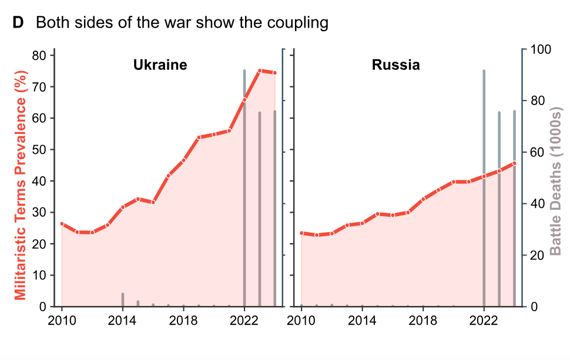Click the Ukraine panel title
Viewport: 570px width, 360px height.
pos(160,65)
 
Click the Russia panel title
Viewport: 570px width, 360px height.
pos(396,65)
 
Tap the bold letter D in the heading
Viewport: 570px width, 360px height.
pos(18,22)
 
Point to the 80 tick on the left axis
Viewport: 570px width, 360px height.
pos(39,55)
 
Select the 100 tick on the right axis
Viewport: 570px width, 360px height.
pos(541,49)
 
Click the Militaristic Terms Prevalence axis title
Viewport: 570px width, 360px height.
pos(21,185)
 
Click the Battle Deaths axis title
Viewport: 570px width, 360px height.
pos(555,181)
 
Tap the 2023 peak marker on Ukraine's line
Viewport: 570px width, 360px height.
pos(260,71)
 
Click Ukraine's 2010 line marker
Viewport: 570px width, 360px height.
pos(62,224)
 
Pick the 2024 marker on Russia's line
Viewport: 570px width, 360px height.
pos(514,163)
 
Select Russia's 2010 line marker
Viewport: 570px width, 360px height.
pos(301,233)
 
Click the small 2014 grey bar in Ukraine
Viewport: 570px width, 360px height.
pos(123,300)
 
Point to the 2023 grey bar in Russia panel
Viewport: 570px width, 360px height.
pos(499,209)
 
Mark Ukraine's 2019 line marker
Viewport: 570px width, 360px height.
pos(199,137)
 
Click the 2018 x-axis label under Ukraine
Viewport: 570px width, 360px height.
pos(183,321)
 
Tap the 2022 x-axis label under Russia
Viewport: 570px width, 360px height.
pos(484,321)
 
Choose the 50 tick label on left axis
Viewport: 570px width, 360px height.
pos(39,149)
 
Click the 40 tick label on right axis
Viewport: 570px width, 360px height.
pos(537,203)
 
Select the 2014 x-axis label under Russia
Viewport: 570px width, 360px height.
pos(362,321)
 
